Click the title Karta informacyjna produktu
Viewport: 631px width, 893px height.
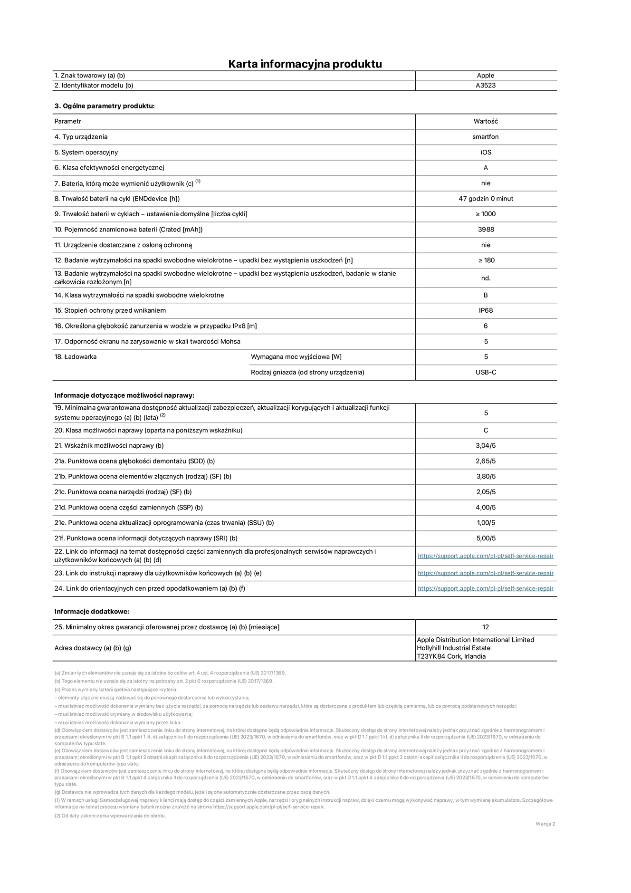305,64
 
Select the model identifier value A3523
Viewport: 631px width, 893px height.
486,86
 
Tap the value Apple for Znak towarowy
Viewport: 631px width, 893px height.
486,76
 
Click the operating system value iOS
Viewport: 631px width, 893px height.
486,153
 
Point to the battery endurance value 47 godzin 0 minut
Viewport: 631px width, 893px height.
486,199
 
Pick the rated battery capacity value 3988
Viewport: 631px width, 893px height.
486,230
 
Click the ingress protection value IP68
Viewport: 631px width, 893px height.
486,310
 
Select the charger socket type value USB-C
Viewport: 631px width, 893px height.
486,372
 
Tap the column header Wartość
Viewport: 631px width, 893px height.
486,121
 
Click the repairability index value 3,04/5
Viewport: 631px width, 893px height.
486,446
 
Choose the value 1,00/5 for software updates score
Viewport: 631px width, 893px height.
486,523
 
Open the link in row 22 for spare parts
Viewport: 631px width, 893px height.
486,556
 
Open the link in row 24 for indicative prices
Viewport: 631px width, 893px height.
486,588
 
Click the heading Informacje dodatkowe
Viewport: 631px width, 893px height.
92,612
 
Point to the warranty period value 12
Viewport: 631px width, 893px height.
486,627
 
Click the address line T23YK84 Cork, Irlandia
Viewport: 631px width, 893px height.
451,656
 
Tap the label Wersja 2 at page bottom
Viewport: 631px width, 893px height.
545,824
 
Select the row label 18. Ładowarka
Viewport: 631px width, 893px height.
76,357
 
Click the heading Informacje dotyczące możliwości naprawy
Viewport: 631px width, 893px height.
124,395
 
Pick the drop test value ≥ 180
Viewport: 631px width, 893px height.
486,260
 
